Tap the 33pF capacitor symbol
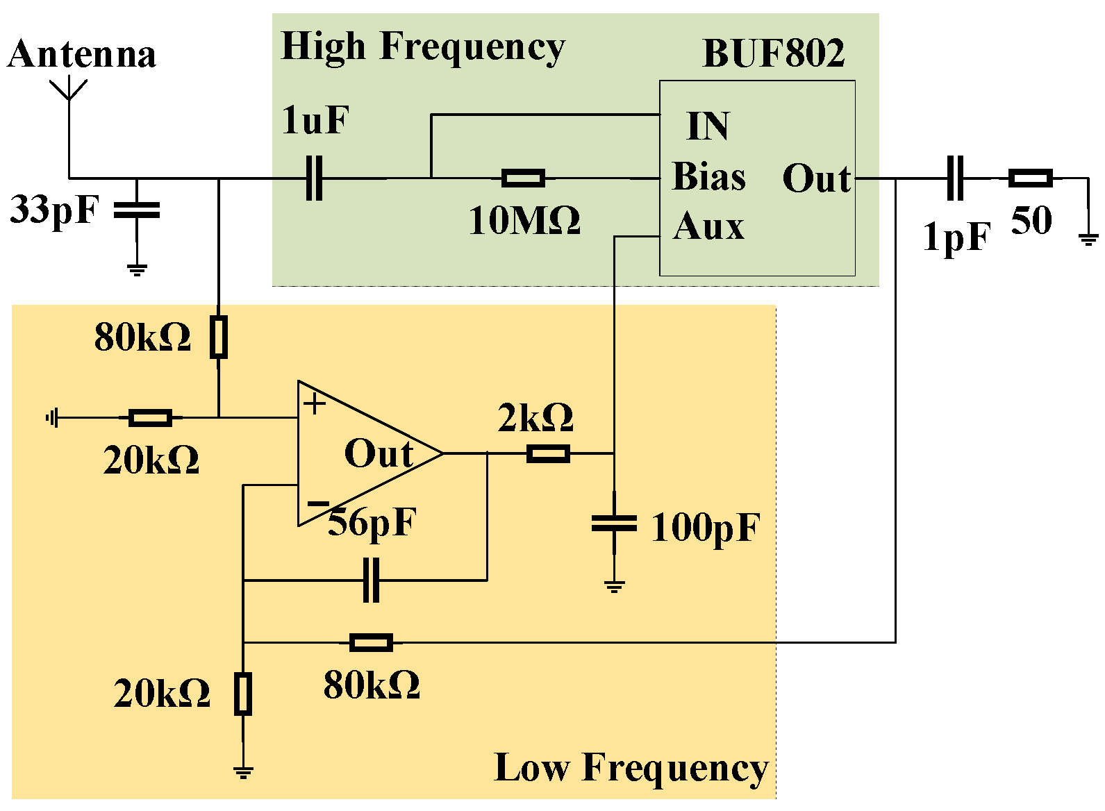pyautogui.click(x=137, y=210)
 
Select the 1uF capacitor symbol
pyautogui.click(x=315, y=178)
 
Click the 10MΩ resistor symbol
pyautogui.click(x=523, y=178)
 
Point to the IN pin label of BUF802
pyautogui.click(x=708, y=126)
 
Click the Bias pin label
pyautogui.click(x=709, y=176)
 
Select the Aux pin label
pyautogui.click(x=708, y=226)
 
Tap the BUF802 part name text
pyautogui.click(x=773, y=53)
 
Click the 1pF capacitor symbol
pyautogui.click(x=956, y=178)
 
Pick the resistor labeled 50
pyautogui.click(x=1031, y=178)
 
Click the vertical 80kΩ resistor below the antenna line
pyautogui.click(x=219, y=337)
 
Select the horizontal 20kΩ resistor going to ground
pyautogui.click(x=151, y=418)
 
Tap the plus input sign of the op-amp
pyautogui.click(x=315, y=403)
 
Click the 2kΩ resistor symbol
pyautogui.click(x=548, y=454)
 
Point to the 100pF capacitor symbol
pyautogui.click(x=614, y=524)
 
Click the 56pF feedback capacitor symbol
pyautogui.click(x=372, y=580)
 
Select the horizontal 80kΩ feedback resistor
pyautogui.click(x=371, y=642)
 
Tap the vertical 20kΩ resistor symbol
pyautogui.click(x=242, y=693)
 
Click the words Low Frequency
pyautogui.click(x=631, y=768)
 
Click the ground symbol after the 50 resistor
pyautogui.click(x=1088, y=239)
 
